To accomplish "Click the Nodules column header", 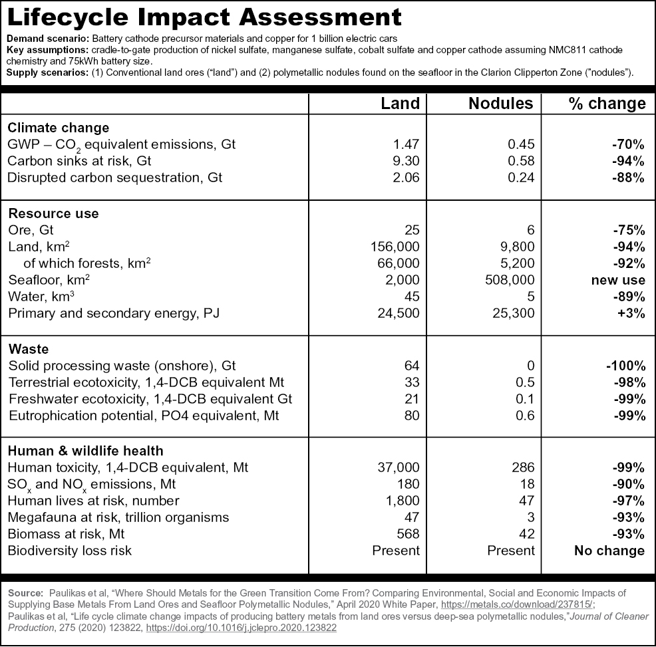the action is (501, 103).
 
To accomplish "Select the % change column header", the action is (607, 103).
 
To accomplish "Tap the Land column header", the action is (400, 103).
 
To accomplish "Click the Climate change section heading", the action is (58, 128).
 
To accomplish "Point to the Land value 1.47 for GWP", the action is (406, 144).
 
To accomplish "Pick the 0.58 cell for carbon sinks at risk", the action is (521, 161).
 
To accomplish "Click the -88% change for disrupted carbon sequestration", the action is (628, 178).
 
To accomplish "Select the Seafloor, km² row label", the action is (49, 279).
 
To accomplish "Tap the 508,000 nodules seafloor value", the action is (510, 280).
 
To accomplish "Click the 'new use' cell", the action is (618, 280).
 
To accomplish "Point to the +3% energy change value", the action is (631, 313).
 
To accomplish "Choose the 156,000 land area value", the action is (395, 247).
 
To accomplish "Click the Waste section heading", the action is (29, 349).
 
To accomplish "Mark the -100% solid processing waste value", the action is (626, 366).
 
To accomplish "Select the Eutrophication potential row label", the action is (144, 416).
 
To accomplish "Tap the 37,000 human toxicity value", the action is (399, 467).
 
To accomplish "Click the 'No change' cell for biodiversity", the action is (609, 551).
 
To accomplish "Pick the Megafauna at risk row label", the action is (118, 517).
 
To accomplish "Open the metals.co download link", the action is (517, 604).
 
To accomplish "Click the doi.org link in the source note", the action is (241, 628).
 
